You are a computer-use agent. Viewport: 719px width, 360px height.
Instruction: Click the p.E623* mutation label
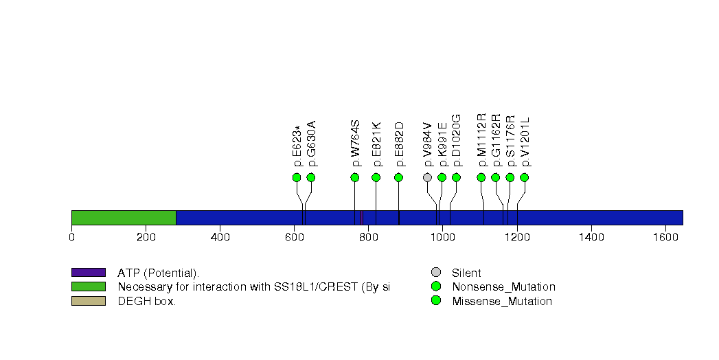pos(298,146)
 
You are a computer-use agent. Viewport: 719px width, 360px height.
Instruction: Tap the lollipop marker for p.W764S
pos(355,177)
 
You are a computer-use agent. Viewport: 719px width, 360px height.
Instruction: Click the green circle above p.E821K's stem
pos(376,177)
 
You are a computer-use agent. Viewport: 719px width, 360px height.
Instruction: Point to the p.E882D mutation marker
pos(398,177)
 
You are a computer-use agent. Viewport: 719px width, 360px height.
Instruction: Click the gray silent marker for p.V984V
pos(427,177)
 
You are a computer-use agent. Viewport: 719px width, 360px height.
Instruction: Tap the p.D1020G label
pos(457,141)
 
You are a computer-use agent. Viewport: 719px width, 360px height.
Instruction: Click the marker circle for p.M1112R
pos(481,177)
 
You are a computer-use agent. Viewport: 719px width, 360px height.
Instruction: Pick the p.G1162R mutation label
pos(497,140)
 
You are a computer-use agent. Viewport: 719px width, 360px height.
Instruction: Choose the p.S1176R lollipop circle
pos(510,177)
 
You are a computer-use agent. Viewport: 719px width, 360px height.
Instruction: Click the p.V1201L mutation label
pos(525,142)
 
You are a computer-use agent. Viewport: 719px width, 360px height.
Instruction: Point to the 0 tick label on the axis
pos(71,238)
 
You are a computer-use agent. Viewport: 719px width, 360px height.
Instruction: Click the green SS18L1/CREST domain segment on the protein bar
pos(124,218)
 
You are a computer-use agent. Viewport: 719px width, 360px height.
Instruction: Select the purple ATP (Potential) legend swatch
pos(88,273)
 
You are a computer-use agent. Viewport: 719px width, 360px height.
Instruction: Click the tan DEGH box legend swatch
pos(88,301)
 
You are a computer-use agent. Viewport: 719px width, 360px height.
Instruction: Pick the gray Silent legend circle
pos(435,273)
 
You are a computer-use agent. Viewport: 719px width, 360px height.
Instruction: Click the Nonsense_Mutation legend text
pos(503,287)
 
